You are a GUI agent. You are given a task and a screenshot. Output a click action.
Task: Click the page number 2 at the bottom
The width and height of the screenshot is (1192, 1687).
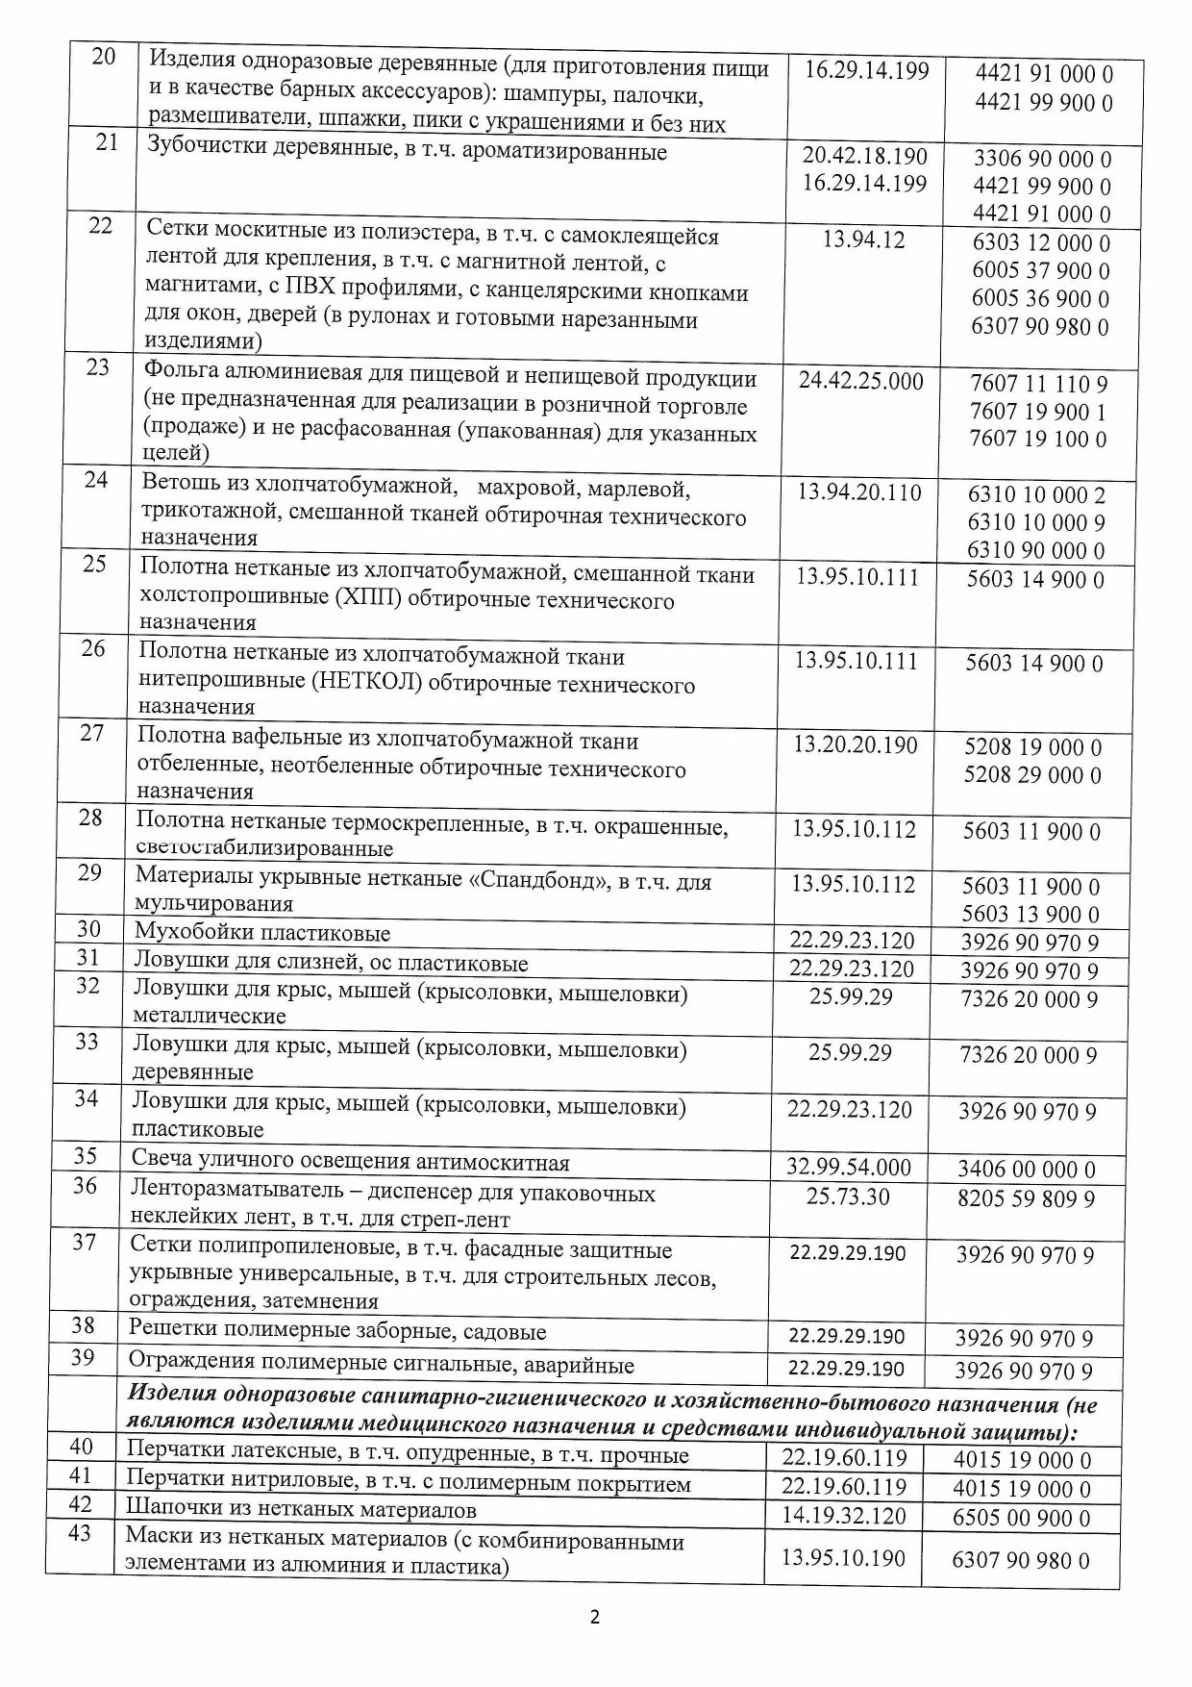pyautogui.click(x=594, y=1617)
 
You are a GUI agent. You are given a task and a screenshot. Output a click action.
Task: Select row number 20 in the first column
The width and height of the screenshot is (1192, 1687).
pyautogui.click(x=103, y=57)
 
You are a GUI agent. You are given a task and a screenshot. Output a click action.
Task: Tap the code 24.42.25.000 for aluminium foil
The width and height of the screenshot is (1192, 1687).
pyautogui.click(x=860, y=381)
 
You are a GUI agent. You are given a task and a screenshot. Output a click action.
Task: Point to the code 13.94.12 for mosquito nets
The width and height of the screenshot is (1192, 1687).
pyautogui.click(x=863, y=239)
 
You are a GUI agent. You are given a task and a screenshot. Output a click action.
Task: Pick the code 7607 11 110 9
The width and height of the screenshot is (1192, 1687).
pyautogui.click(x=1038, y=384)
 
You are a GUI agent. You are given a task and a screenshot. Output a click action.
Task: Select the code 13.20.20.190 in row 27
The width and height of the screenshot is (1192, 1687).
pyautogui.click(x=855, y=744)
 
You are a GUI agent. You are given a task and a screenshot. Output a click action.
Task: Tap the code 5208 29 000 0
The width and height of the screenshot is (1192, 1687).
pyautogui.click(x=1032, y=775)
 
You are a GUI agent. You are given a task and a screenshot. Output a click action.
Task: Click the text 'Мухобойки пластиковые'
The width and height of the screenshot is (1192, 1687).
pyautogui.click(x=261, y=932)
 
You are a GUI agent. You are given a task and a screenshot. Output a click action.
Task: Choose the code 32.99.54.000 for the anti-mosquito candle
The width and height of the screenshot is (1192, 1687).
pyautogui.click(x=849, y=1168)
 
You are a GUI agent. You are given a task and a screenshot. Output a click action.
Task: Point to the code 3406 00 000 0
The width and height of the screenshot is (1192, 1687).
pyautogui.click(x=1026, y=1170)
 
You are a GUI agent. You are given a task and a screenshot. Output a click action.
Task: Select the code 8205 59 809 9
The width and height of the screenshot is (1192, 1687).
pyautogui.click(x=1026, y=1198)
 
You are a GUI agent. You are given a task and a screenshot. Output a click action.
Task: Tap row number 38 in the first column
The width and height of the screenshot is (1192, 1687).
pyautogui.click(x=84, y=1326)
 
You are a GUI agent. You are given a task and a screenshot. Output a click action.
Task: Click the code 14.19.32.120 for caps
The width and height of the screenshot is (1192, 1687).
pyautogui.click(x=843, y=1516)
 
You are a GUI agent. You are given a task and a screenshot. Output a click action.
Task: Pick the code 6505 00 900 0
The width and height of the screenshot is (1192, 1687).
pyautogui.click(x=1021, y=1518)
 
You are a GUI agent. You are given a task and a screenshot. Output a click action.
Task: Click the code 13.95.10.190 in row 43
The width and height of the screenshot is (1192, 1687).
pyautogui.click(x=842, y=1558)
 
